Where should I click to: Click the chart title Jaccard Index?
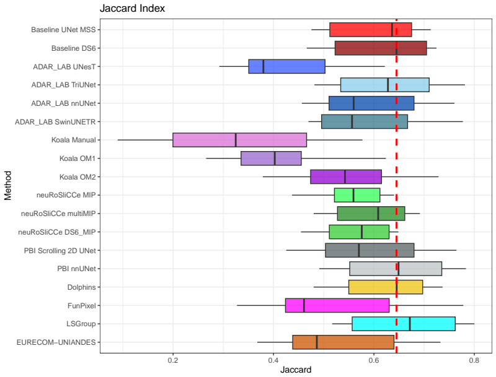pos(132,8)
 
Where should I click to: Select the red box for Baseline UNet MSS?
pos(370,30)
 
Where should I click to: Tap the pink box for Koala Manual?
pos(239,140)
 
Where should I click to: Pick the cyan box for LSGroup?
pos(404,324)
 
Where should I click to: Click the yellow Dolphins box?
pos(386,287)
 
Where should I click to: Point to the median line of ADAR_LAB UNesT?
pos(263,66)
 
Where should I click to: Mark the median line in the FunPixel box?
pos(304,306)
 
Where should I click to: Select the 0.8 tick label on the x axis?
pos(474,360)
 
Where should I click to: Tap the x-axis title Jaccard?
pos(296,370)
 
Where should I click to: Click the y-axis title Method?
pos(8,186)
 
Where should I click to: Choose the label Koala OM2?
pos(77,177)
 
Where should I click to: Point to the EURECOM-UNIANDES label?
pos(56,342)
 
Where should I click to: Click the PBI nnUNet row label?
pos(76,269)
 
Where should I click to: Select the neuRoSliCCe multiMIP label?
pos(58,214)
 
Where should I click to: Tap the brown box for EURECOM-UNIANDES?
pos(343,342)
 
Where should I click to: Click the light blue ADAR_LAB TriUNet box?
pos(384,85)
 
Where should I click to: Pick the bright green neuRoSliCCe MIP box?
pos(357,195)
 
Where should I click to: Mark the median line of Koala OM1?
pos(275,158)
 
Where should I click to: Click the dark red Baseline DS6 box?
pos(381,48)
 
